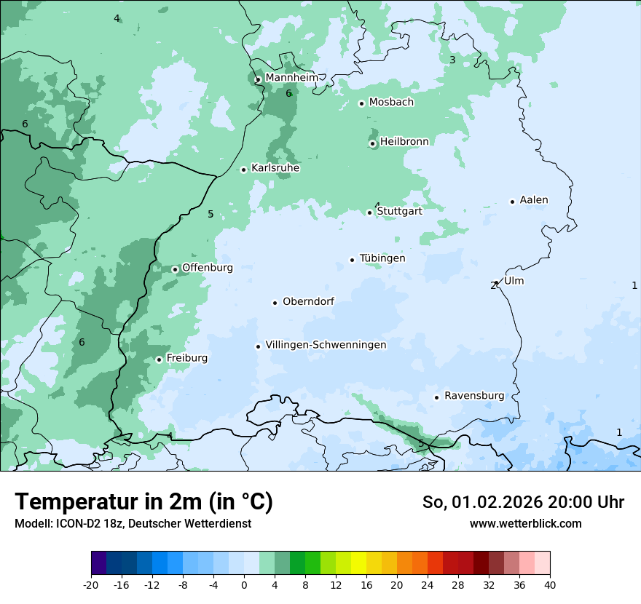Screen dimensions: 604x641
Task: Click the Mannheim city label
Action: click(291, 77)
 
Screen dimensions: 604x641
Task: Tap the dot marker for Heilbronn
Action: click(372, 143)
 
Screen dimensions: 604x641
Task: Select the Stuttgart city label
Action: click(399, 212)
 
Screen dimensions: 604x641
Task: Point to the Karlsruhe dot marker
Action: click(243, 170)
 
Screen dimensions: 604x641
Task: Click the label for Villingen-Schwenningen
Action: click(326, 345)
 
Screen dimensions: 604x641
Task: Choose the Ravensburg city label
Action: click(474, 396)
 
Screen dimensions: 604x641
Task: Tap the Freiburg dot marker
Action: click(159, 359)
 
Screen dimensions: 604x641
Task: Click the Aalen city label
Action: click(534, 200)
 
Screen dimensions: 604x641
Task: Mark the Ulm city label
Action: click(514, 281)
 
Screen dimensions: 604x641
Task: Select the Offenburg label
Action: click(208, 268)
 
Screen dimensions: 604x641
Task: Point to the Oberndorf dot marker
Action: click(275, 303)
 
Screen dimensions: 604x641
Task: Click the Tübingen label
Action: click(382, 258)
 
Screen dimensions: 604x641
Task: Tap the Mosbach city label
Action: click(391, 103)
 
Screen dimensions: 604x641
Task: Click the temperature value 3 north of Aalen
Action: click(452, 60)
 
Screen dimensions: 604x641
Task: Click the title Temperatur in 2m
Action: click(144, 502)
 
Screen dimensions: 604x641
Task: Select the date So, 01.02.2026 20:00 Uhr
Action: click(523, 502)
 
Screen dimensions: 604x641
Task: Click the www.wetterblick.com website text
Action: click(525, 524)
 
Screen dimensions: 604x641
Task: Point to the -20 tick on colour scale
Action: click(91, 584)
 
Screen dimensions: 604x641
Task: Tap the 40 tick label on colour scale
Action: click(549, 584)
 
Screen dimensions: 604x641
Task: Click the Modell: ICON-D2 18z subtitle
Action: click(133, 524)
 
